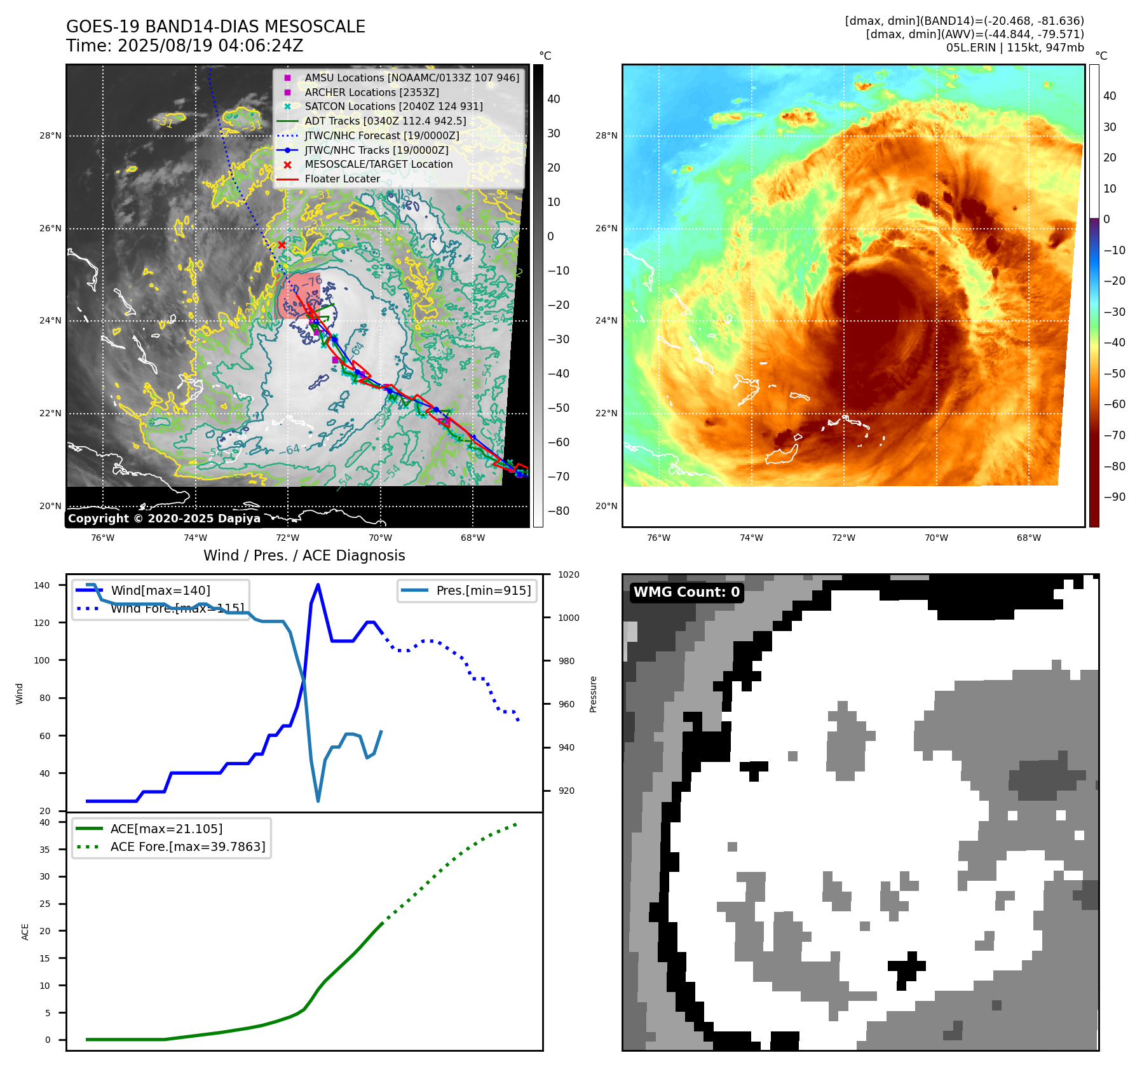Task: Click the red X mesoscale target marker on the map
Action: coord(282,245)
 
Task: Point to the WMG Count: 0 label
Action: coord(686,592)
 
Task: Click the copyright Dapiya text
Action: coord(164,519)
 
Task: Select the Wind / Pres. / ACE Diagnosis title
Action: coord(304,555)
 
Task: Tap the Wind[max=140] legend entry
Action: coord(160,590)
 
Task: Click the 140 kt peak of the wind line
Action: coord(318,585)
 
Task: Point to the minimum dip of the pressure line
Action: coord(318,801)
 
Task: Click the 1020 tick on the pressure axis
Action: coord(569,574)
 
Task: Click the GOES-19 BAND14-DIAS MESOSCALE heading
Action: coord(215,27)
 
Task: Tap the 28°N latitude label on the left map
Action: coord(50,135)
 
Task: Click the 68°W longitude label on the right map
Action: coord(1028,538)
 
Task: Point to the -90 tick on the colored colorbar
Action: coord(1114,497)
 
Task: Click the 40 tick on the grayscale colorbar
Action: coord(554,99)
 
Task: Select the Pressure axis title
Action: coord(593,694)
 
